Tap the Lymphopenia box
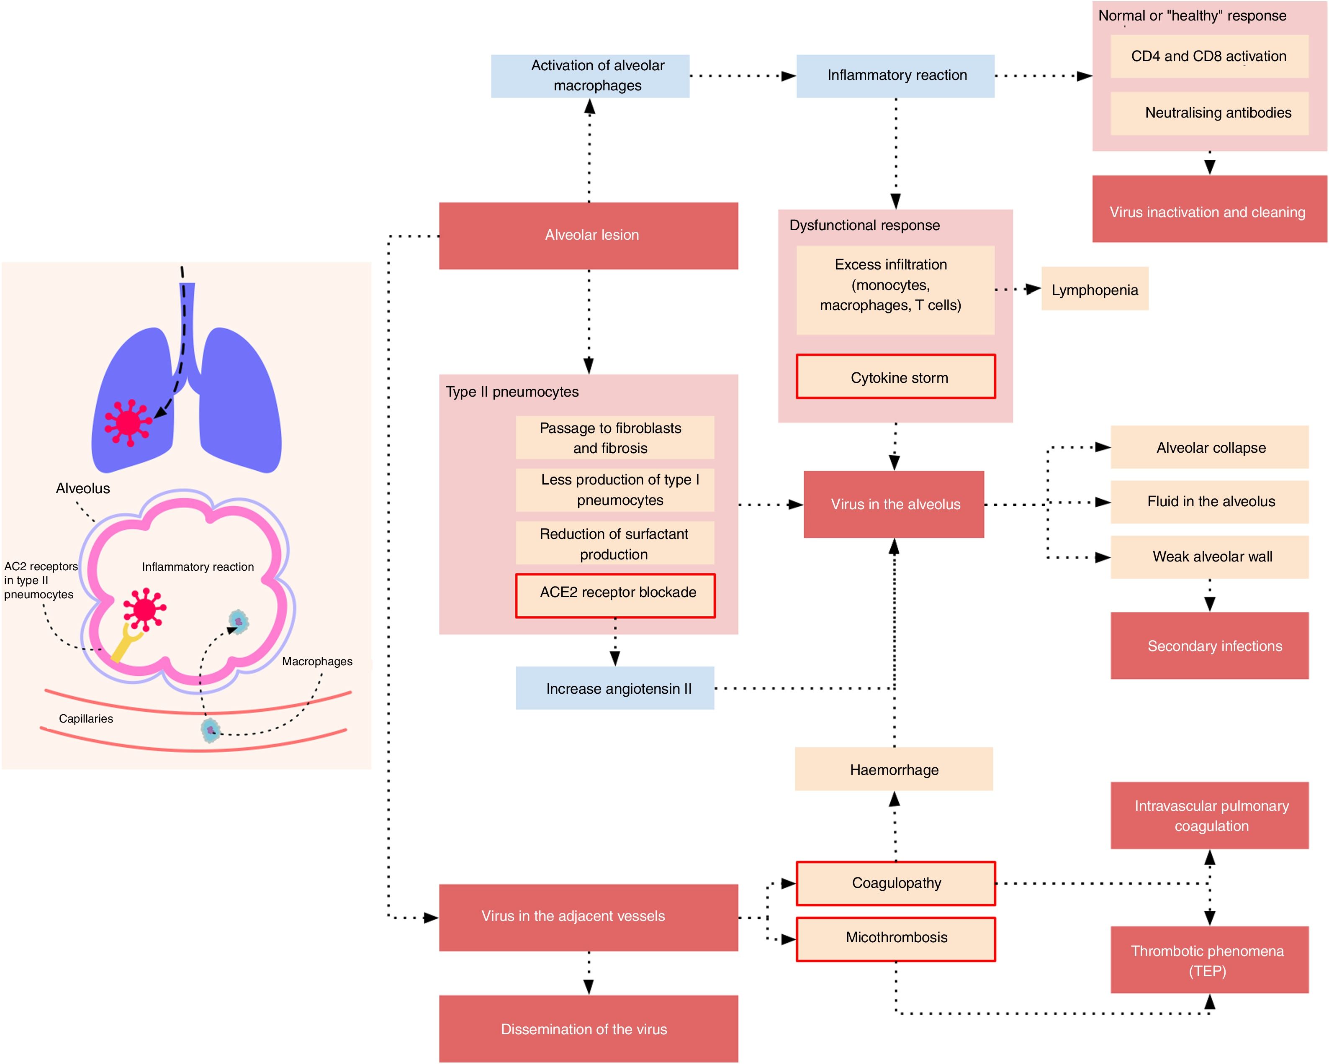pyautogui.click(x=1095, y=289)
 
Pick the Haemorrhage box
pyautogui.click(x=894, y=769)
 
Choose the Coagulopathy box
pyautogui.click(x=896, y=883)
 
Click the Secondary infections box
pyautogui.click(x=1209, y=645)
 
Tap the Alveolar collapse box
pyautogui.click(x=1209, y=447)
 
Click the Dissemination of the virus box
pyautogui.click(x=588, y=1028)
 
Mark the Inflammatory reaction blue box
pyautogui.click(x=895, y=76)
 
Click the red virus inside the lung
pyautogui.click(x=128, y=423)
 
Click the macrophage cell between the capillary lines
pyautogui.click(x=210, y=730)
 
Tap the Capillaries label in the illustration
pyautogui.click(x=86, y=718)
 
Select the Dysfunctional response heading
pyautogui.click(x=864, y=226)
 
